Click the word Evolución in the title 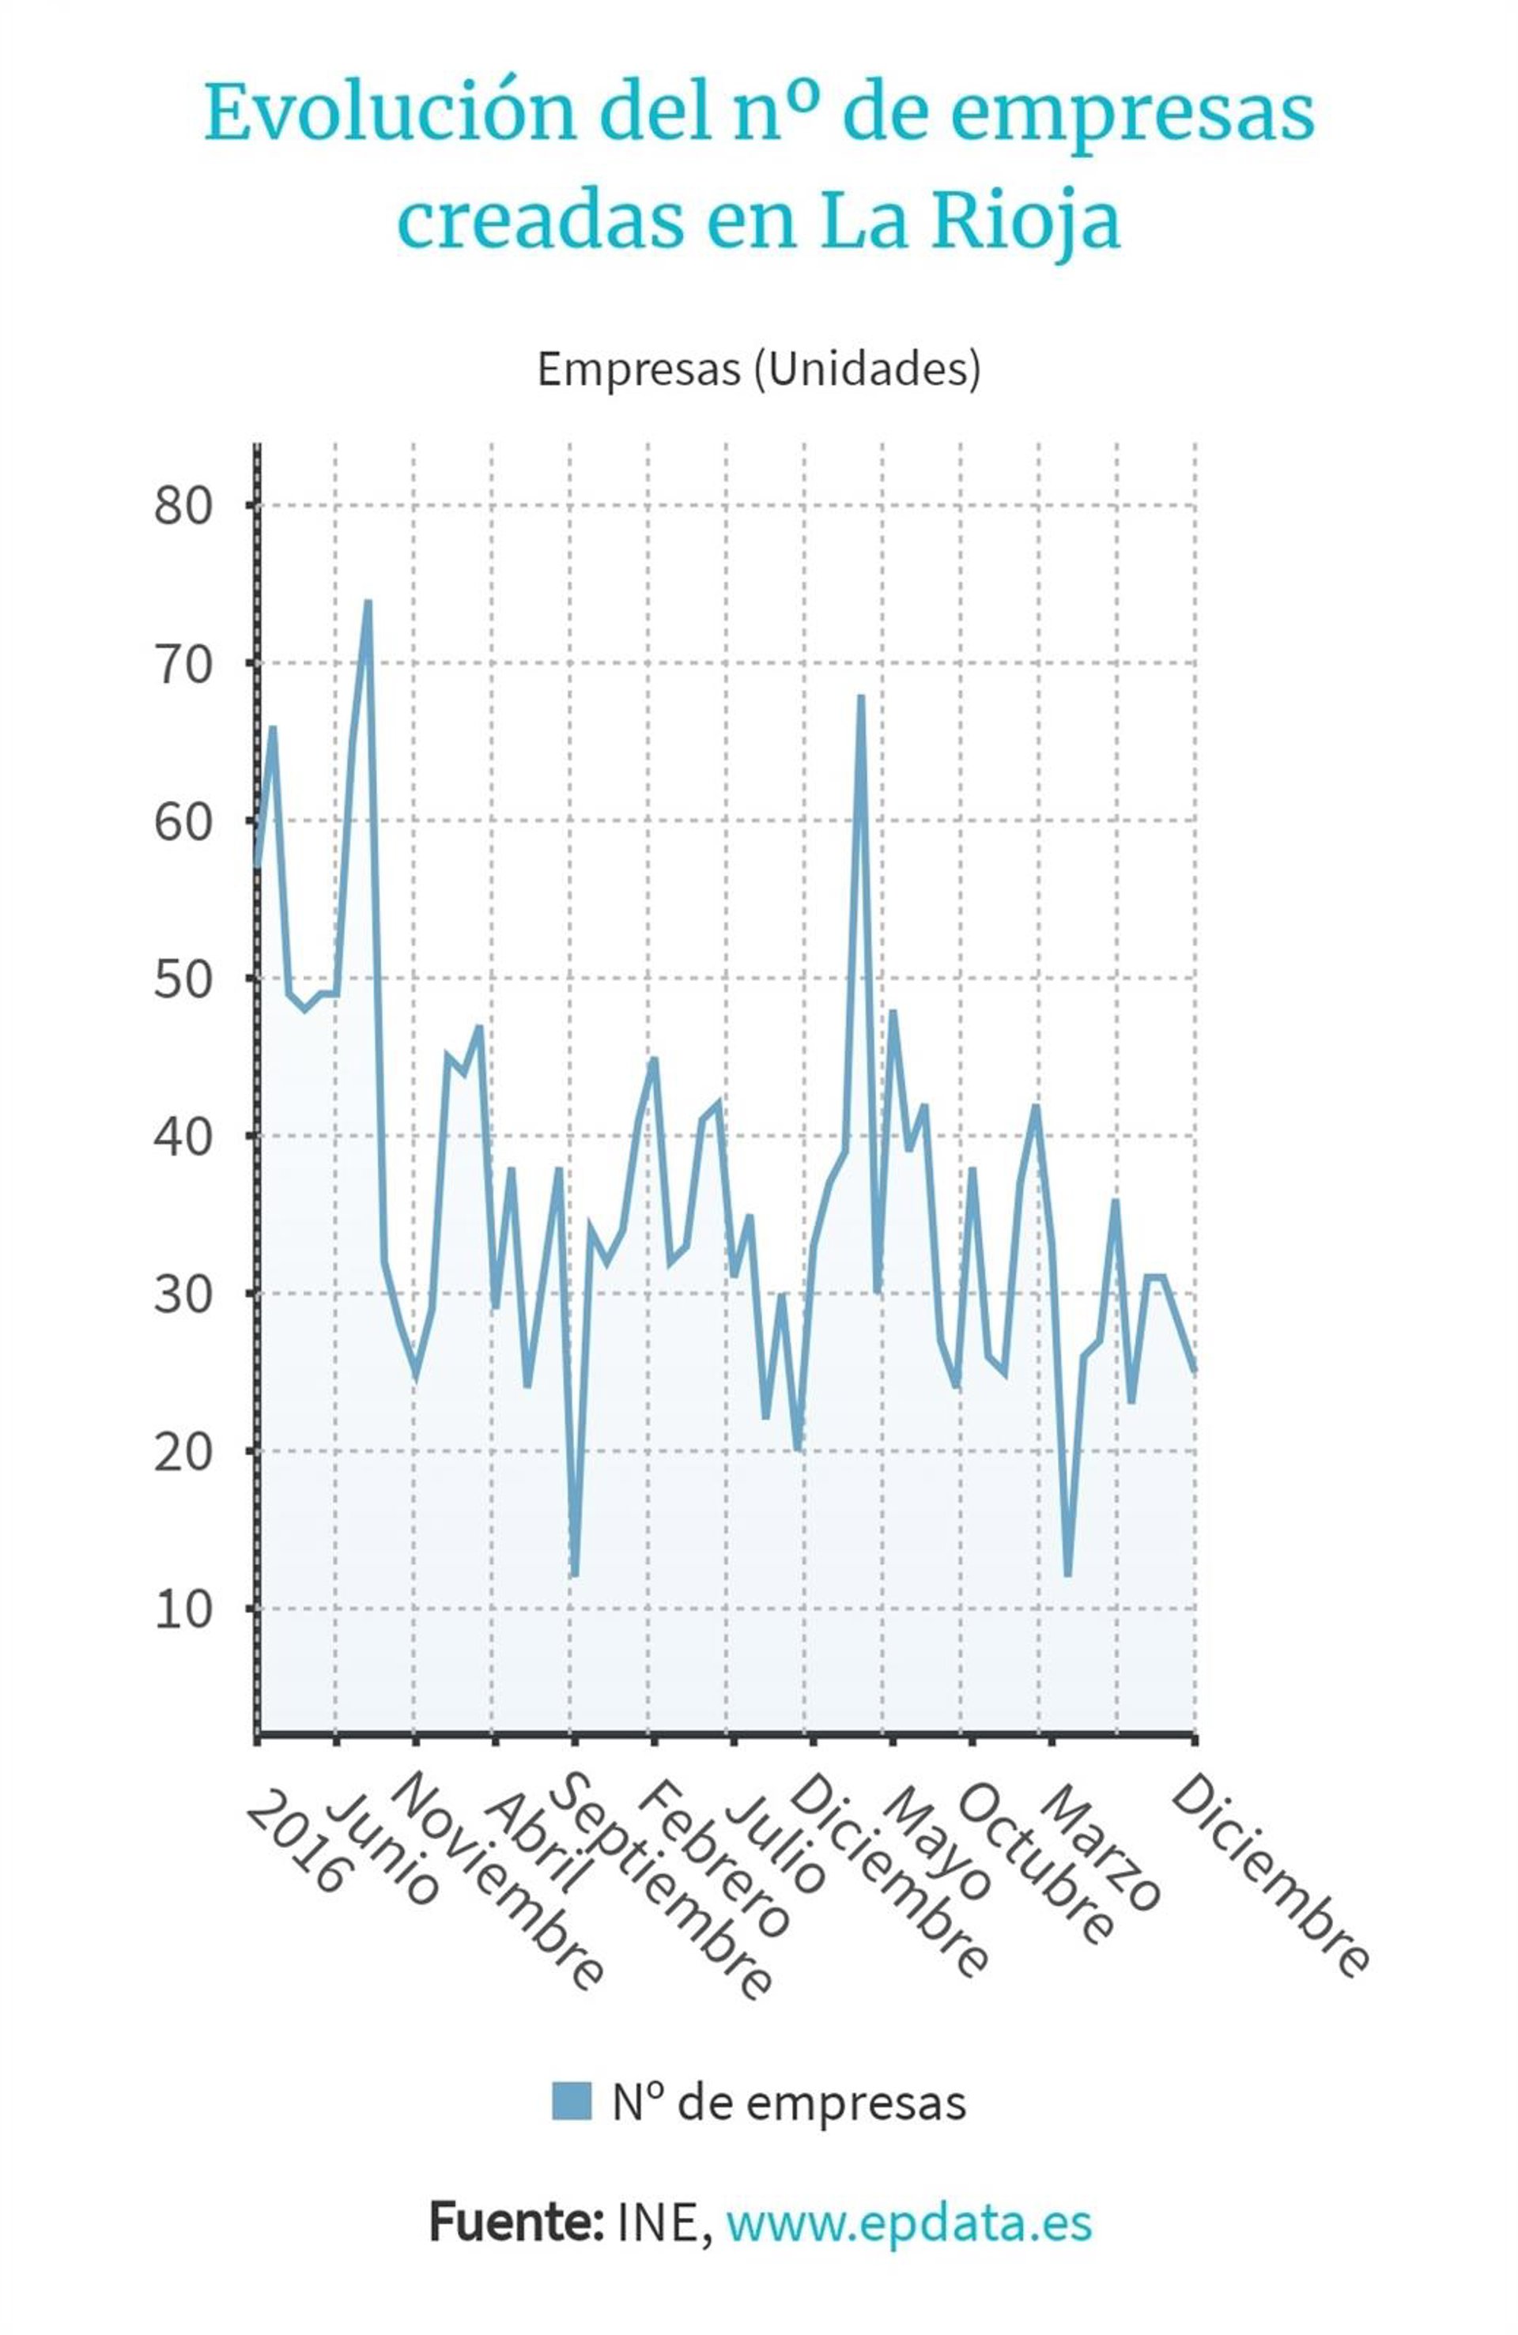[390, 114]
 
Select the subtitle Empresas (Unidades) [758, 369]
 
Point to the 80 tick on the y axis [183, 506]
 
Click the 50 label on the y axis [183, 979]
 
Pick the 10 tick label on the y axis [183, 1610]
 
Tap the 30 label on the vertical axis [183, 1295]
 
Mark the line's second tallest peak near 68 [860, 696]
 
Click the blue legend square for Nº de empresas [571, 2102]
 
